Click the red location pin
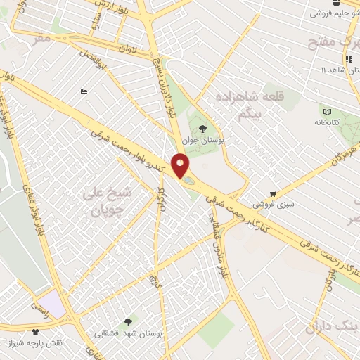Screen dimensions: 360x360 pyautogui.click(x=181, y=166)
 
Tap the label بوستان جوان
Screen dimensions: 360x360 pyautogui.click(x=202, y=141)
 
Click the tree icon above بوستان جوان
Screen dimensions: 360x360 pyautogui.click(x=203, y=129)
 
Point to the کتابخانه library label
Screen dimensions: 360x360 pyautogui.click(x=326, y=122)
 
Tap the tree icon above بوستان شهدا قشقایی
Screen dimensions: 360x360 pyautogui.click(x=127, y=322)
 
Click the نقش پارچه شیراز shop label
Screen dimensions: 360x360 pyautogui.click(x=54, y=342)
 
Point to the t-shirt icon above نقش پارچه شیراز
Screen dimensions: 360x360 pyautogui.click(x=34, y=330)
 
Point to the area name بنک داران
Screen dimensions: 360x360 pyautogui.click(x=330, y=326)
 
